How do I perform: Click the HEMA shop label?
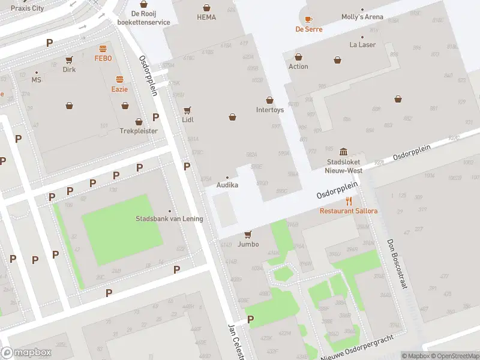tap(206, 17)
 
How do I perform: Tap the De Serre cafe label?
tap(308, 29)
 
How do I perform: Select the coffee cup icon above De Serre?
tap(308, 19)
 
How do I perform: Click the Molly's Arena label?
tap(362, 17)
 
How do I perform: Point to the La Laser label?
tap(362, 45)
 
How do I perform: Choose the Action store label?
tap(298, 67)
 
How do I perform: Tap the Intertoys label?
tap(269, 110)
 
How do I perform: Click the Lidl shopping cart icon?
tap(187, 110)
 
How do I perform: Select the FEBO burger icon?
tap(103, 49)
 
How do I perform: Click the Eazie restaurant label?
tap(119, 89)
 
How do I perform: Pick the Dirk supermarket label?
tap(69, 69)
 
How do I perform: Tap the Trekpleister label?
tap(139, 131)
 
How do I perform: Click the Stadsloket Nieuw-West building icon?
tap(343, 151)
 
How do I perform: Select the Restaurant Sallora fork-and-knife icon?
tap(349, 201)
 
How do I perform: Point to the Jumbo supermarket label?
tap(248, 244)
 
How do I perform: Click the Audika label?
tap(227, 185)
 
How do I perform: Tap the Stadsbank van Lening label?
tap(169, 218)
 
